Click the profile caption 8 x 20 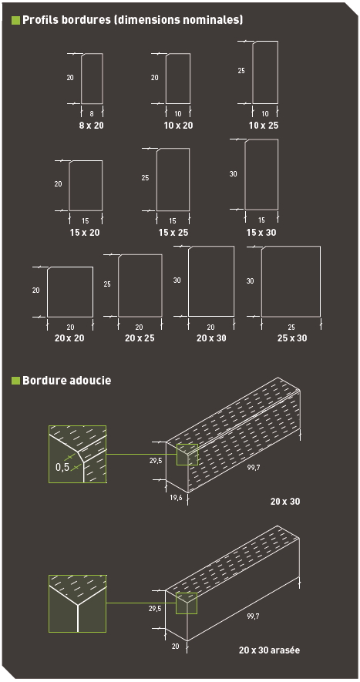91,124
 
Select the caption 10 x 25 264,124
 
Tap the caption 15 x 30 261,232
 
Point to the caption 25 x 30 291,338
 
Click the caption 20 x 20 70,338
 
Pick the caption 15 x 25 173,232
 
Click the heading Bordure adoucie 66,380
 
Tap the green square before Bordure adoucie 15,380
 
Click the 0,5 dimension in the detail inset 62,467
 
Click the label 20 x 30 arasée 269,650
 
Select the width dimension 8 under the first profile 91,113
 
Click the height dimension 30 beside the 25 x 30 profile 250,281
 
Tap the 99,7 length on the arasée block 252,616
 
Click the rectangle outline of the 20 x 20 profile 70,291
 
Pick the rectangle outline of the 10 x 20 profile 177,79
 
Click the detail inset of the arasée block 77,603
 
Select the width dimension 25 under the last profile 291,327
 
